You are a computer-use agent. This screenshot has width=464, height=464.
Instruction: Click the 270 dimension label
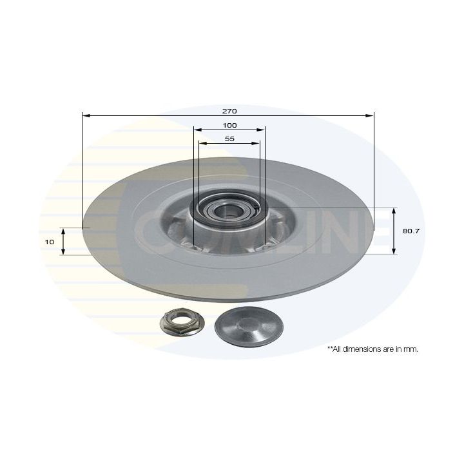pyautogui.click(x=229, y=111)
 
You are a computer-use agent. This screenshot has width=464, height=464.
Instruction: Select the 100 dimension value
pyautogui.click(x=229, y=125)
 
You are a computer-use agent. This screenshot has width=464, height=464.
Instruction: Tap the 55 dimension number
pyautogui.click(x=229, y=139)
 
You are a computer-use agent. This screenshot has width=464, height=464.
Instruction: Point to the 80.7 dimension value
pyautogui.click(x=411, y=231)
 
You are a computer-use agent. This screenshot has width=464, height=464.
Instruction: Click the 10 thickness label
pyautogui.click(x=50, y=242)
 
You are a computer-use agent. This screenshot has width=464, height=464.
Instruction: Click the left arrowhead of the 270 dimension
pyautogui.click(x=86, y=115)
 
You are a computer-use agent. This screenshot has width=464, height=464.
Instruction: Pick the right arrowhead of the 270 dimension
pyautogui.click(x=370, y=115)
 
